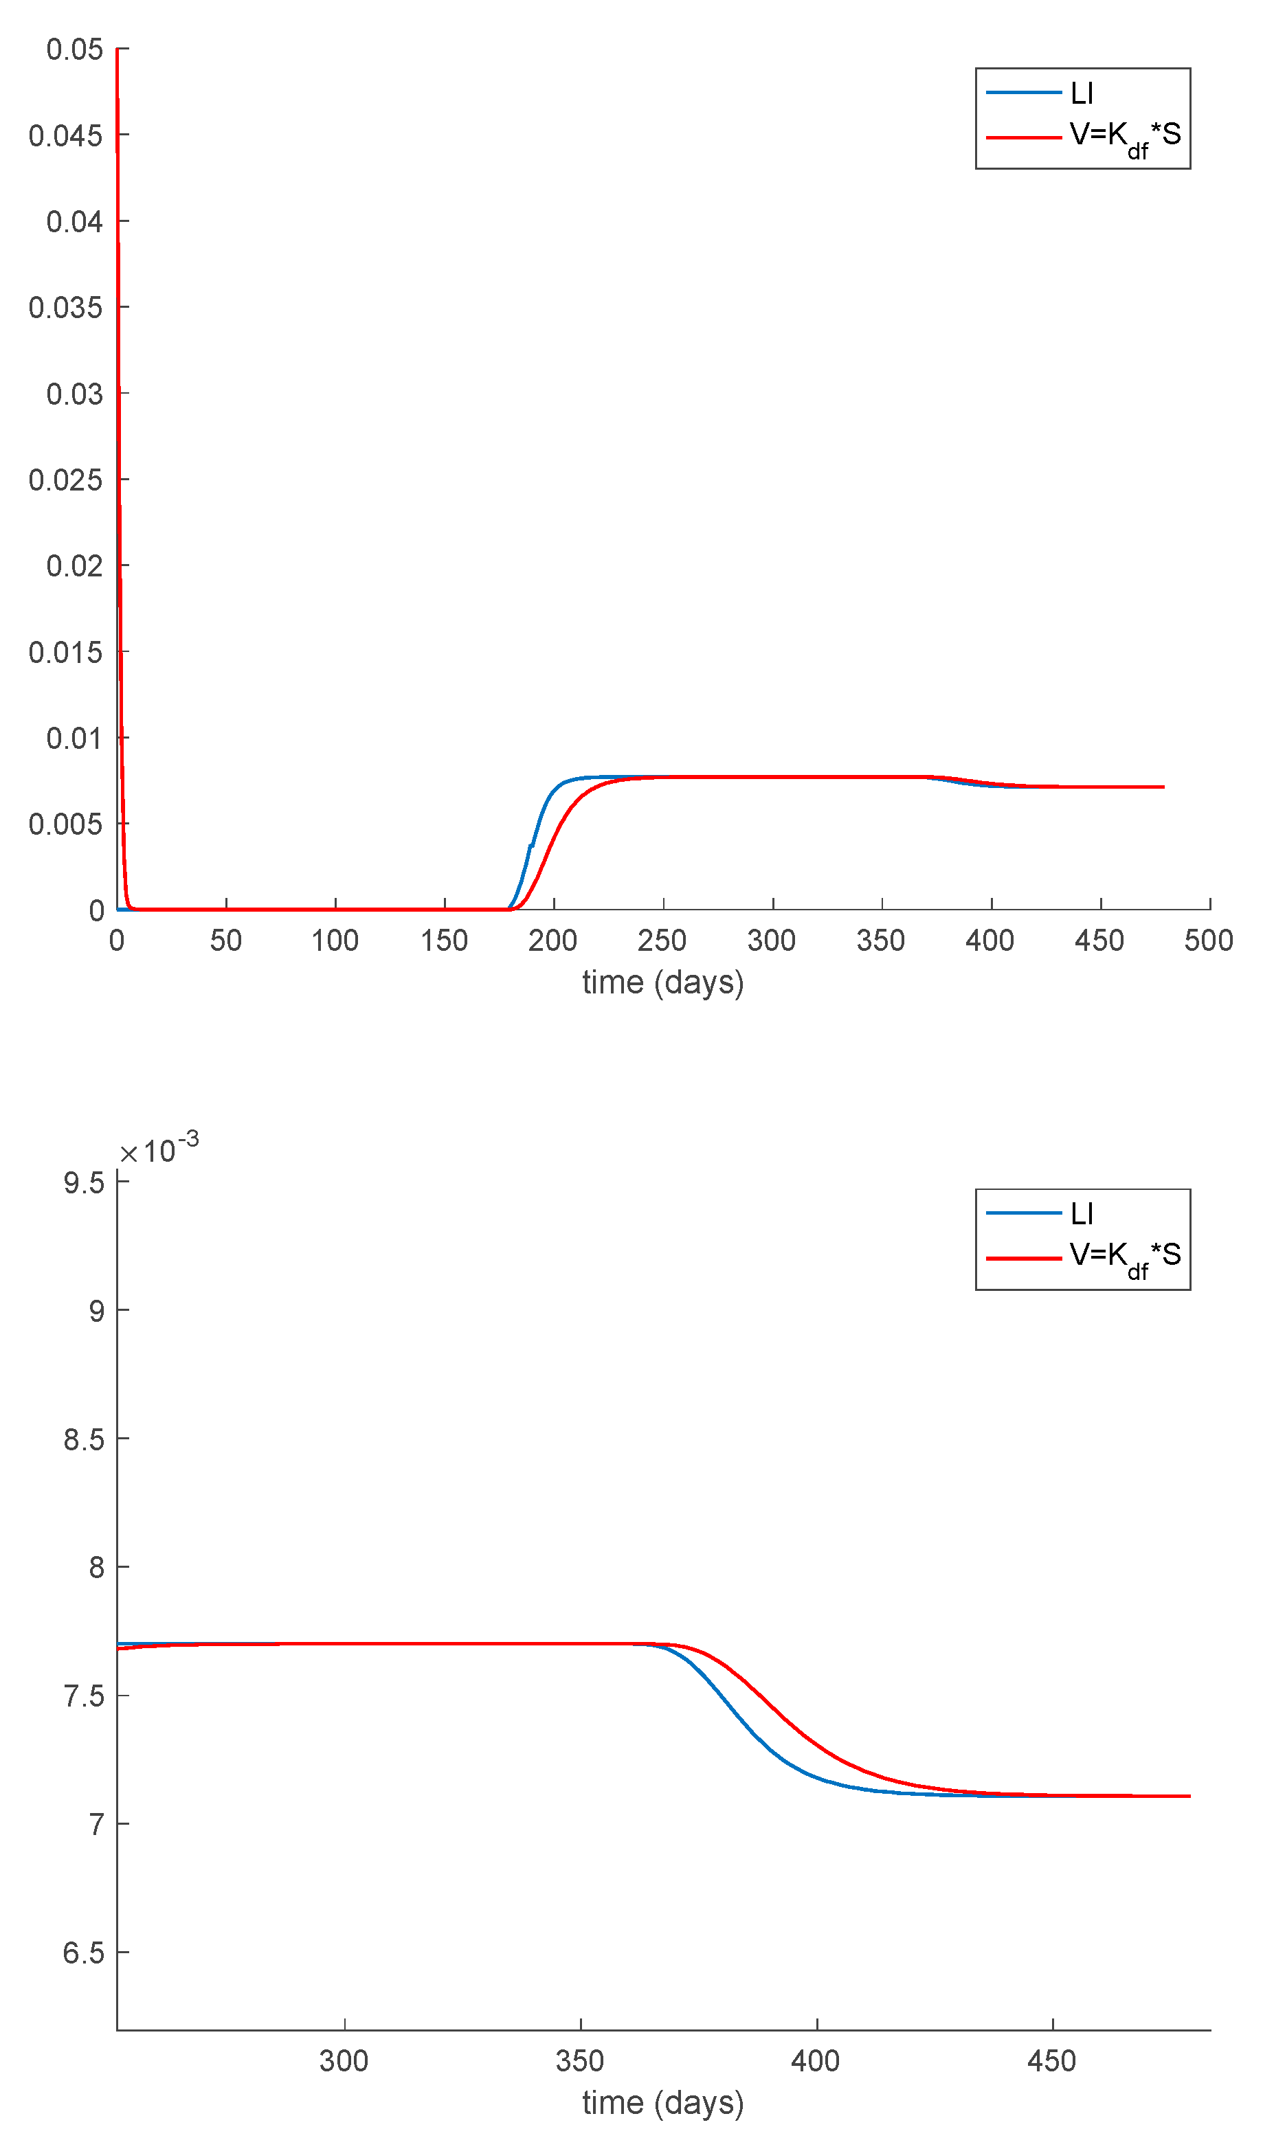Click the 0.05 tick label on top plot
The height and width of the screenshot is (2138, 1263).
pos(74,49)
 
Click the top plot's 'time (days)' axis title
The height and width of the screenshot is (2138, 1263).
pos(662,982)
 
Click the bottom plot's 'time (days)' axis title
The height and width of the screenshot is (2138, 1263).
pos(662,2102)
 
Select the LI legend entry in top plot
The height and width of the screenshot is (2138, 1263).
pos(1081,93)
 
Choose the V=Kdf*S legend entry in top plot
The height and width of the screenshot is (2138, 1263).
pos(1124,136)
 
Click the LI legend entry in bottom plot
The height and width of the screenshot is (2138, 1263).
pos(1081,1214)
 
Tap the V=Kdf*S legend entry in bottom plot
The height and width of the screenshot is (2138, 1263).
pos(1124,1257)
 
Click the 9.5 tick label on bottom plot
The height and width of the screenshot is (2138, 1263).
pos(83,1182)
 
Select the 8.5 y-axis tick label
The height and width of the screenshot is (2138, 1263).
pos(83,1439)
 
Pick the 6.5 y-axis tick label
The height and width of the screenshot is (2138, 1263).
pos(83,1953)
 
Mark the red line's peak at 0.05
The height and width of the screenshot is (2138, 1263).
pos(118,51)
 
